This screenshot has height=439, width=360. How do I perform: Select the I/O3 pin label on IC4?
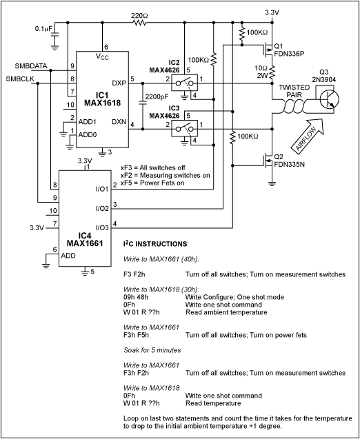tap(99, 227)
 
